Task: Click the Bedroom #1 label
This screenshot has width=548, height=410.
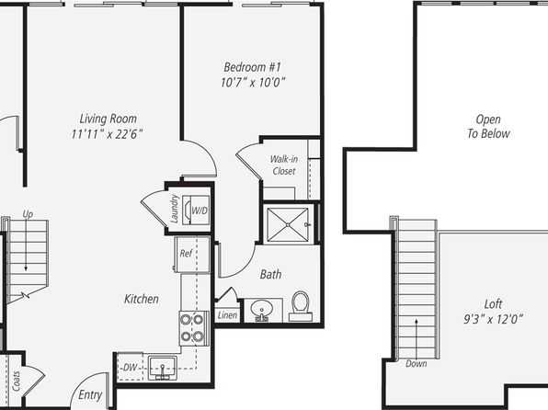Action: click(x=252, y=67)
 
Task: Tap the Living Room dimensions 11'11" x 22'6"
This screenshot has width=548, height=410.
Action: click(x=107, y=134)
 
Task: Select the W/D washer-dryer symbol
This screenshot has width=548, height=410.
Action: click(x=197, y=211)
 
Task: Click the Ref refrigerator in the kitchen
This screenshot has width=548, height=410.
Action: click(x=192, y=254)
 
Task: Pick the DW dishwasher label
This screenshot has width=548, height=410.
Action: click(x=130, y=368)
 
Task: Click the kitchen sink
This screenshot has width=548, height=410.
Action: click(x=163, y=368)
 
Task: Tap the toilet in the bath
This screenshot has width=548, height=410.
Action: click(x=301, y=306)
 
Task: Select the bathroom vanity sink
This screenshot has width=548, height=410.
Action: click(x=262, y=309)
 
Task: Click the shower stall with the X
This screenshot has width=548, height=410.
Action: click(x=288, y=224)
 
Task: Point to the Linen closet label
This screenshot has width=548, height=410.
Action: click(x=227, y=315)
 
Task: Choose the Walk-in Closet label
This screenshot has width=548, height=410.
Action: click(x=284, y=165)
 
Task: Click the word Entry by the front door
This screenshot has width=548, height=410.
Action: click(x=90, y=395)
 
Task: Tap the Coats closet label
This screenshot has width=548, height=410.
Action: click(x=16, y=381)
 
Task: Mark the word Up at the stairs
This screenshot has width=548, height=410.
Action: click(x=28, y=214)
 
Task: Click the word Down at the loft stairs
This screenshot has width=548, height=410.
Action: click(x=416, y=363)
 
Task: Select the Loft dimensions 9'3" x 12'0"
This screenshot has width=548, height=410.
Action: click(x=493, y=319)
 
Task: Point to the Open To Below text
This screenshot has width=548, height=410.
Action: click(x=488, y=126)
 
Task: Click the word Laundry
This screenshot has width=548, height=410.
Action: click(x=174, y=209)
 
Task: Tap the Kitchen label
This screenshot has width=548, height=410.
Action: click(x=142, y=299)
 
